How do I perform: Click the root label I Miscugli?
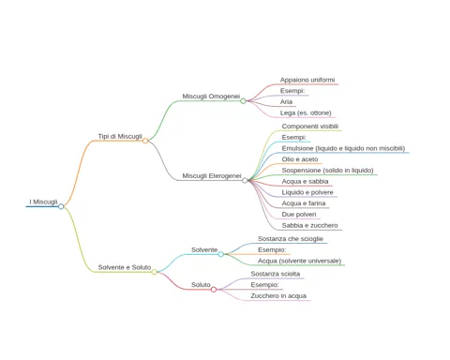(43, 202)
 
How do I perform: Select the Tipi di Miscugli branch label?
(120, 136)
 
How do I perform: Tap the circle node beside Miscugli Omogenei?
(243, 101)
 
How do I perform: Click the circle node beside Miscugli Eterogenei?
(245, 180)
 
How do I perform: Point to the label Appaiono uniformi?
(307, 80)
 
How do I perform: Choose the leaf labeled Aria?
(286, 102)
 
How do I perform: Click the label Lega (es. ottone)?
(306, 112)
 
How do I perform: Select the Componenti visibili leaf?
(310, 127)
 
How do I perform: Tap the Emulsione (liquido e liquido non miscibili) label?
(343, 148)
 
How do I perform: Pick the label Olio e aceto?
(300, 159)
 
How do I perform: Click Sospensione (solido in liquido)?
(327, 171)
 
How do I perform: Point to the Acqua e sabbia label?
(305, 181)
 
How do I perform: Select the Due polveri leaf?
(299, 215)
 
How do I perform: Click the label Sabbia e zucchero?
(309, 225)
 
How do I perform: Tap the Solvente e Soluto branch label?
(125, 267)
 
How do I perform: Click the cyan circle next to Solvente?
(221, 254)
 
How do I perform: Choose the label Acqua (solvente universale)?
(299, 261)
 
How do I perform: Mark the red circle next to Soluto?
(214, 290)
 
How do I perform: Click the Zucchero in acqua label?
(278, 296)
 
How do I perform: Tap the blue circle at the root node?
(61, 206)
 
